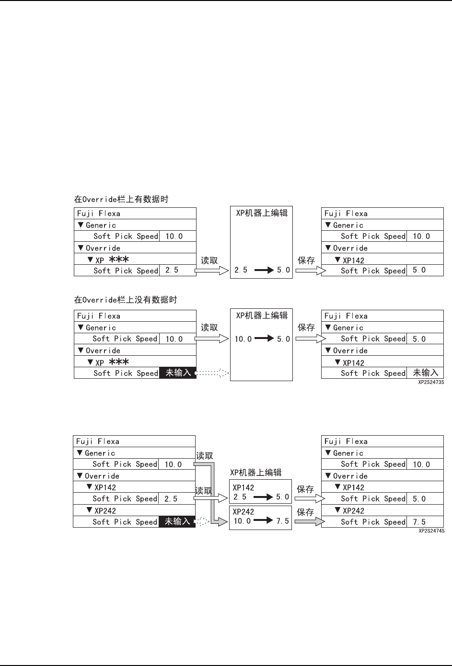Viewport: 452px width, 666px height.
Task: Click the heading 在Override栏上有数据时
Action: point(121,199)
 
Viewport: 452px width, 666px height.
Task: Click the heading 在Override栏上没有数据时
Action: point(125,300)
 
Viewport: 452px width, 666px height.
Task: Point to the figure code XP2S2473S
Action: point(431,383)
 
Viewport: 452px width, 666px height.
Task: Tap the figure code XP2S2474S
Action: point(431,531)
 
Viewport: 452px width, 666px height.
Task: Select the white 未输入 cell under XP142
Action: point(425,373)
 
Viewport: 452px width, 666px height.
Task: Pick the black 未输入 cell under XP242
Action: point(177,522)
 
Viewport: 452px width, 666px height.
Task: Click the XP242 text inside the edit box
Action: point(243,511)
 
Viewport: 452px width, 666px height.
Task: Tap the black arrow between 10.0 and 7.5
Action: point(263,521)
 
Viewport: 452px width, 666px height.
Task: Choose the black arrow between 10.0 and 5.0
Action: point(264,339)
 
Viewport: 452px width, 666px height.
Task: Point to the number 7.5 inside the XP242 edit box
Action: point(283,521)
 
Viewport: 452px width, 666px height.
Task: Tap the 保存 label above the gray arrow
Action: point(305,512)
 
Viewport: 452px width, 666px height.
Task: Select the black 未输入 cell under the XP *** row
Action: point(178,373)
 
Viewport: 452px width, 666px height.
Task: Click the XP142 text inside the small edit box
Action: point(243,488)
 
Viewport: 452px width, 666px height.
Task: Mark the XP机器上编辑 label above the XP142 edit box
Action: point(255,473)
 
